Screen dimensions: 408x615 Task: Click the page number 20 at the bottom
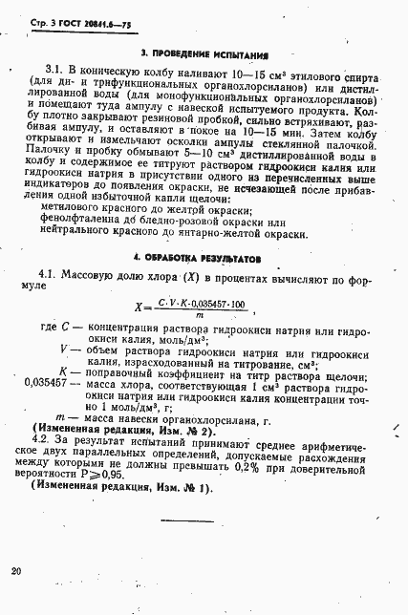tap(15, 571)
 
